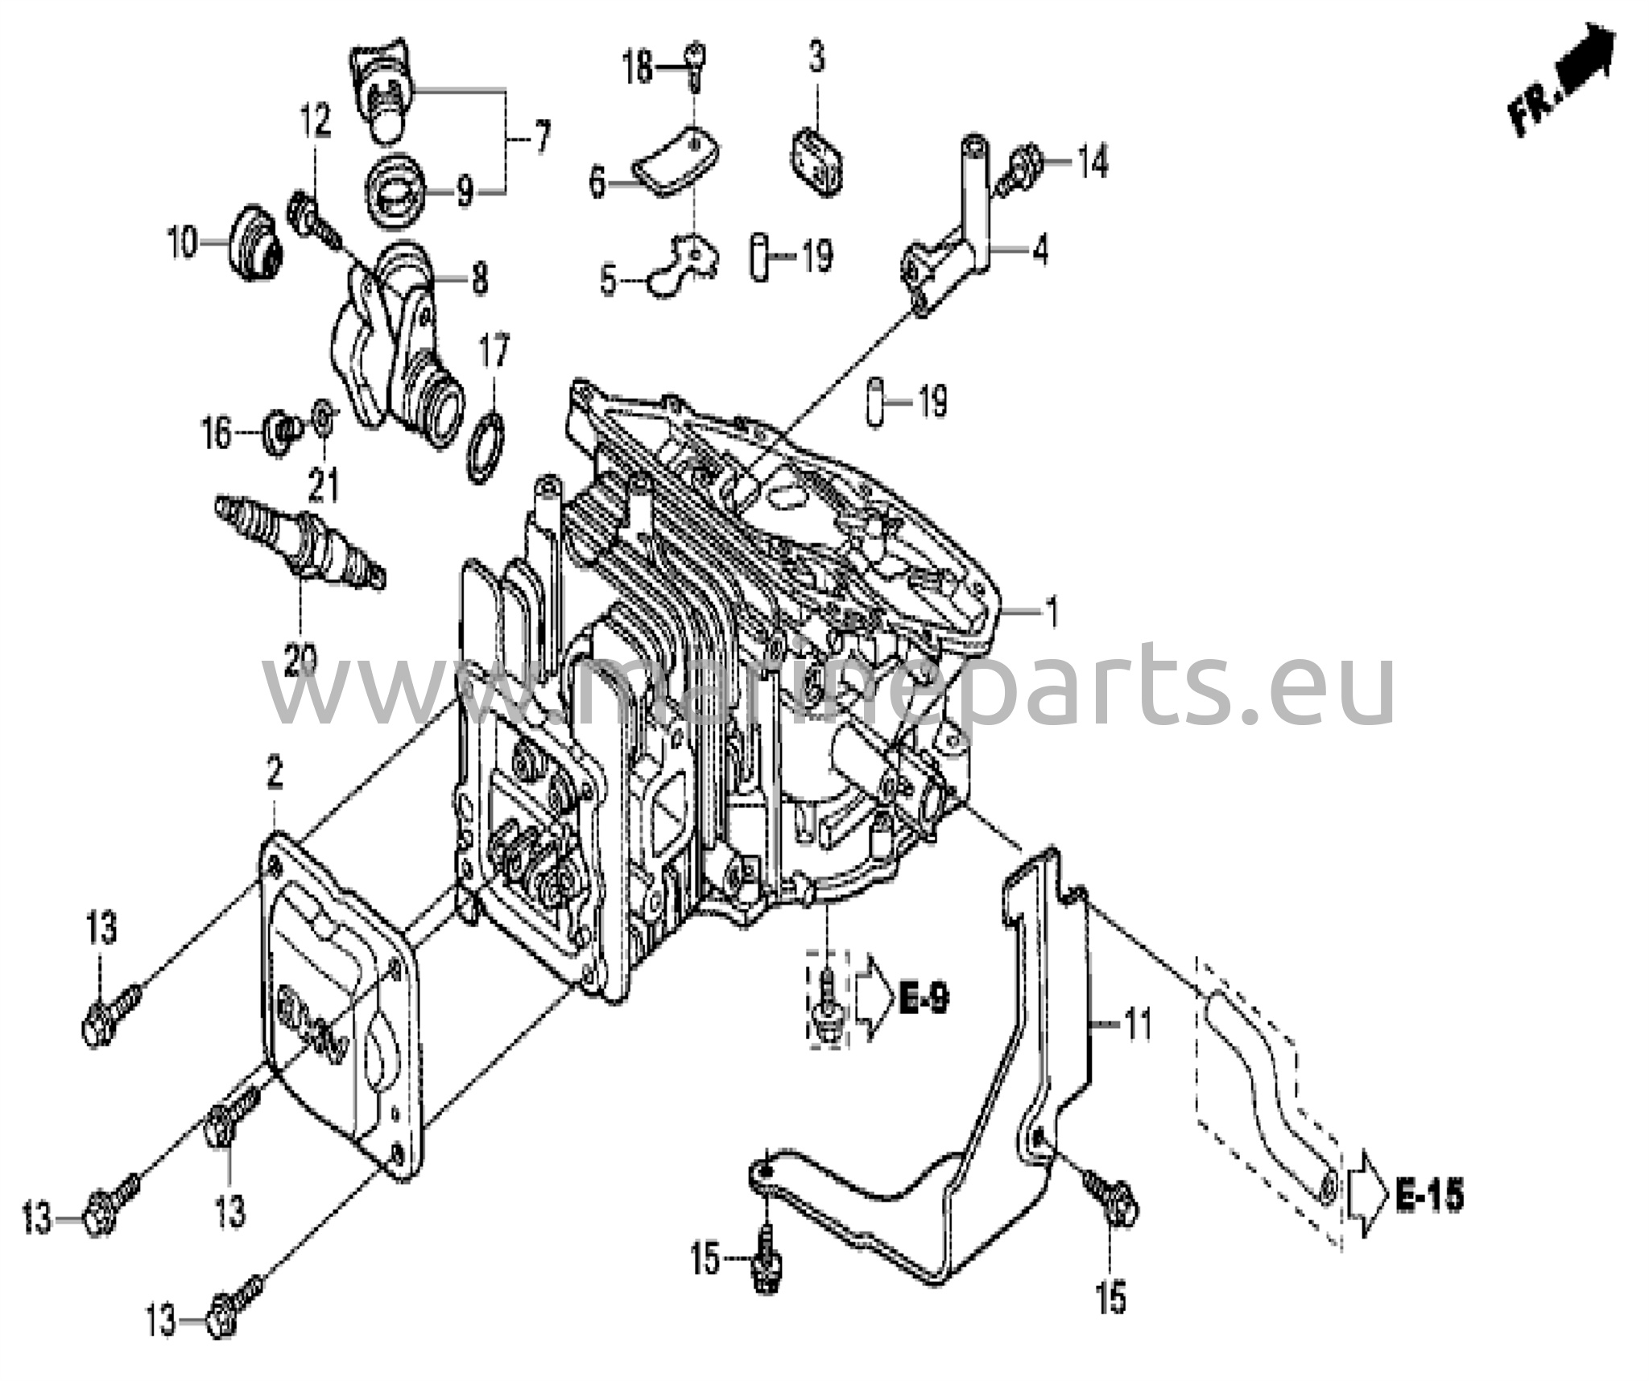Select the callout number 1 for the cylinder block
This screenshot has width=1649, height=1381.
click(1050, 612)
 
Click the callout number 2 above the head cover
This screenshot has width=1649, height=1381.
click(275, 774)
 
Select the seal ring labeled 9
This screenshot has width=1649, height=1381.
click(399, 193)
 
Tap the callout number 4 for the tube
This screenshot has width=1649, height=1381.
click(1040, 251)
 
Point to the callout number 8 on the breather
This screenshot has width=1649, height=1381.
click(479, 280)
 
